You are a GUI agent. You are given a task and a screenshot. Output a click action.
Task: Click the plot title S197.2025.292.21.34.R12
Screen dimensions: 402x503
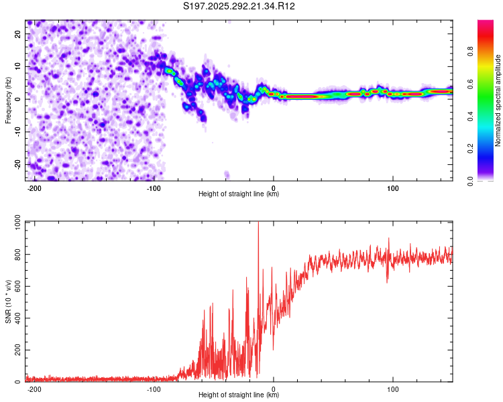click(x=239, y=7)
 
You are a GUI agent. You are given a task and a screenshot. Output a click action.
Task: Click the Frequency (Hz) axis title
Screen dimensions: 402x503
click(x=8, y=100)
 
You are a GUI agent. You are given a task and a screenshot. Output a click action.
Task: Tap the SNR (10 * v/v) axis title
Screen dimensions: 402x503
click(x=8, y=301)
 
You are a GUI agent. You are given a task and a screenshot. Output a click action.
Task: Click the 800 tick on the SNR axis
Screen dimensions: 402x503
click(x=16, y=255)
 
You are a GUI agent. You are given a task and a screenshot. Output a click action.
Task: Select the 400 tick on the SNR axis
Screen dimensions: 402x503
click(x=16, y=318)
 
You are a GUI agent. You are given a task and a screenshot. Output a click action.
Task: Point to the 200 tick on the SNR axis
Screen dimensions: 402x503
click(x=16, y=350)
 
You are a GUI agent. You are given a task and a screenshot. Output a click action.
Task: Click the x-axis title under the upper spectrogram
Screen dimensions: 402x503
click(x=239, y=194)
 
